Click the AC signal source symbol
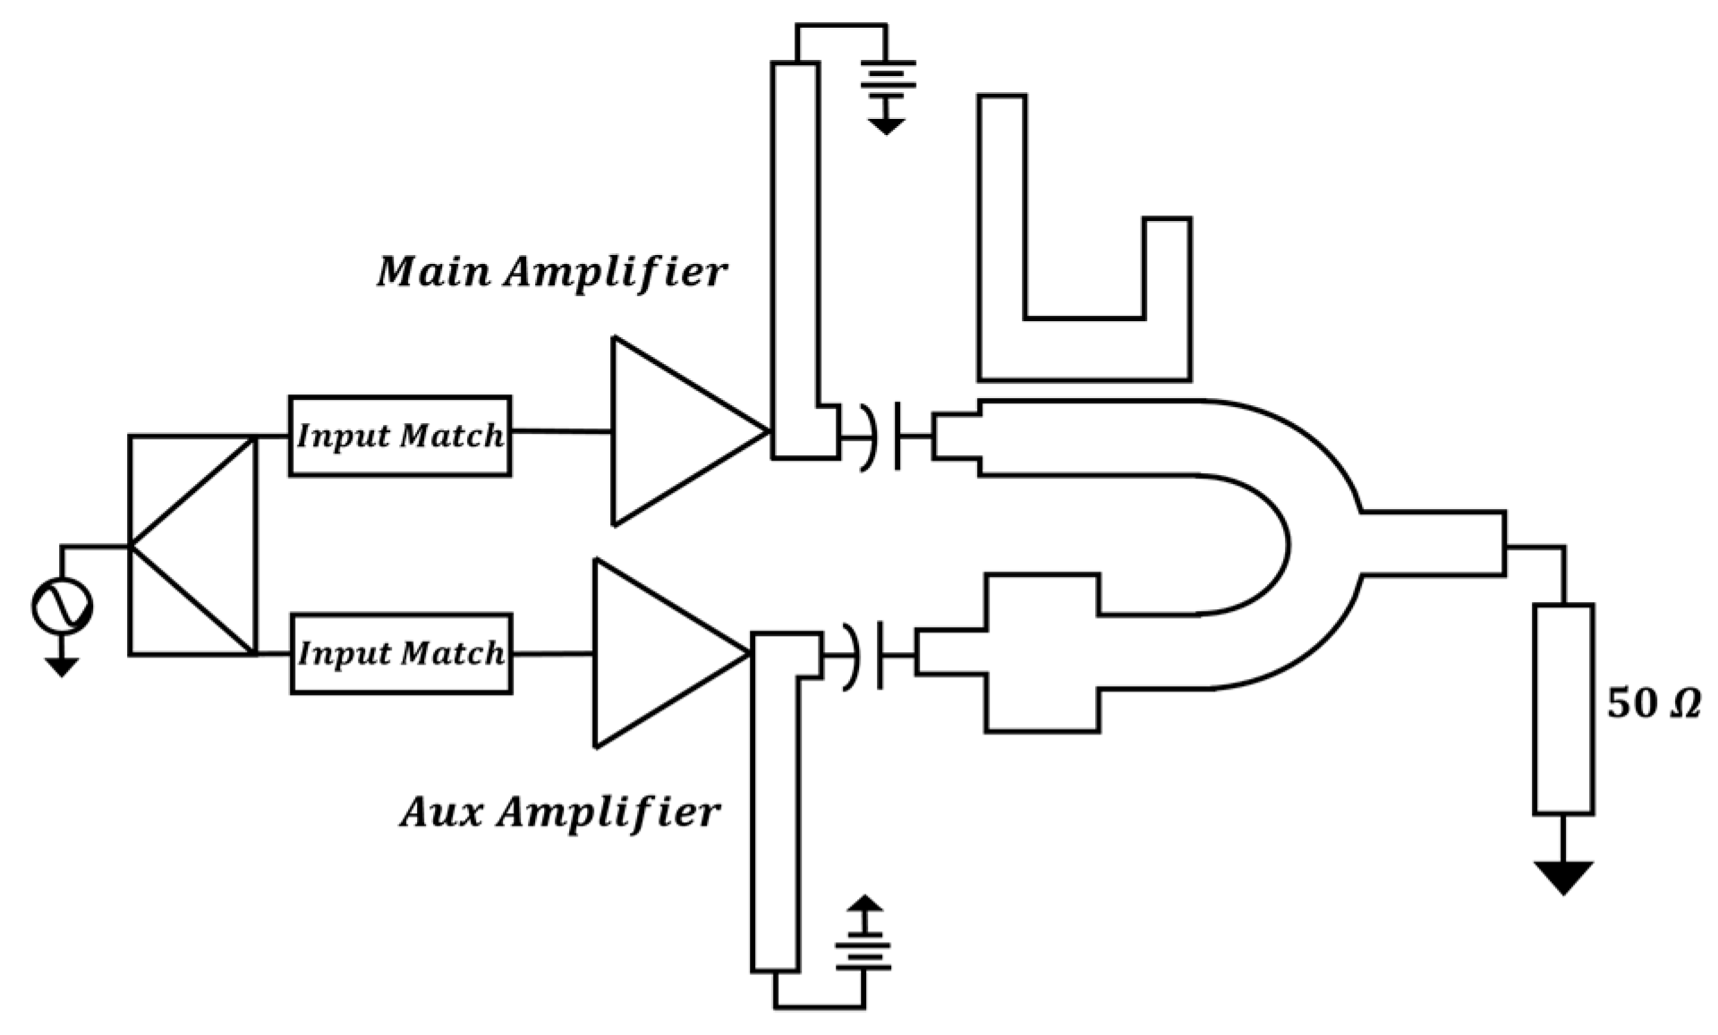click(62, 607)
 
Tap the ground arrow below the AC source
click(61, 666)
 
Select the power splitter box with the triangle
click(192, 546)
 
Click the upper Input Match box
click(400, 436)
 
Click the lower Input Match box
click(402, 654)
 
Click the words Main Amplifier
click(552, 272)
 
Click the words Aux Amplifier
click(560, 812)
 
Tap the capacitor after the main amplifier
click(882, 437)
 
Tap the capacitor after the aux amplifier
click(863, 655)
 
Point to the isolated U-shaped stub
click(1084, 349)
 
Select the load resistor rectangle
click(1563, 709)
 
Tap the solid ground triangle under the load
click(1563, 875)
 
